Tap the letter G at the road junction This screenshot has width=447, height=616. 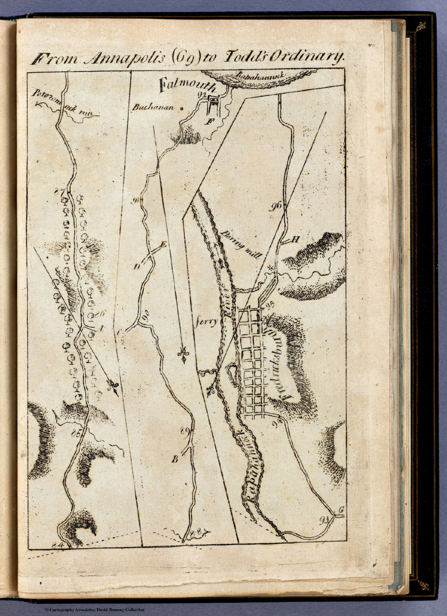(341, 510)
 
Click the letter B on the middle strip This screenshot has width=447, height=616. (175, 460)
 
